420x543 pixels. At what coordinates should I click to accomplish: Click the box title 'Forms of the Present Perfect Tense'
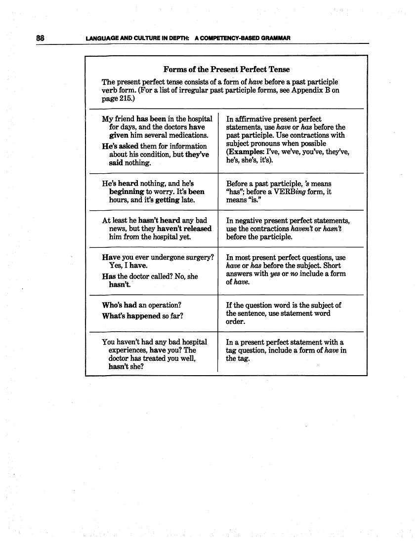click(226, 70)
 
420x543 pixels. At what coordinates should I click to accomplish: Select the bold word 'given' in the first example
click(119, 135)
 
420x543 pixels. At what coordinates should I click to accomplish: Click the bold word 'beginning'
click(126, 192)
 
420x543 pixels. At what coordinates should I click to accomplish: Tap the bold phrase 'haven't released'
click(184, 229)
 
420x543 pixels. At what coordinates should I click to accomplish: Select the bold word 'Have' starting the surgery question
click(111, 257)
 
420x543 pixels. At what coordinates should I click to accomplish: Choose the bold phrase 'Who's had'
click(120, 305)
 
